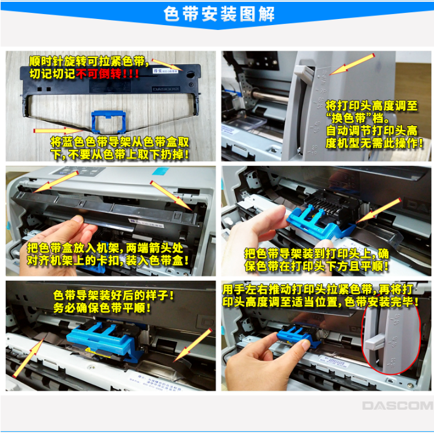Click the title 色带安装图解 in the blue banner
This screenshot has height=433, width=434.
[x=219, y=14]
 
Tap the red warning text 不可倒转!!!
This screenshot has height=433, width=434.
[x=107, y=74]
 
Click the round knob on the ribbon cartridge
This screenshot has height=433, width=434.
[x=191, y=74]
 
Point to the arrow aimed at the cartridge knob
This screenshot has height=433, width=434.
[x=168, y=65]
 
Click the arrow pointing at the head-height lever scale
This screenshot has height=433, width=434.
[x=351, y=64]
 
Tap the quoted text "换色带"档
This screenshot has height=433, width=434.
[x=357, y=119]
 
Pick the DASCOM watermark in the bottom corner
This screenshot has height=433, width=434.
[x=398, y=405]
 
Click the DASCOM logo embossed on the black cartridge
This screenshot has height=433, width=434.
[x=166, y=89]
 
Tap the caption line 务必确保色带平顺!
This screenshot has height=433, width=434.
[x=102, y=308]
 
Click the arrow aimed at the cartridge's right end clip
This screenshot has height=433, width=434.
[x=171, y=196]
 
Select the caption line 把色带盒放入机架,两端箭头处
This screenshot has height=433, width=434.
[x=105, y=248]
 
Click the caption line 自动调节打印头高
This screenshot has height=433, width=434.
[x=372, y=130]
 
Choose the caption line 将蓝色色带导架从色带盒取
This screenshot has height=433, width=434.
[x=119, y=142]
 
